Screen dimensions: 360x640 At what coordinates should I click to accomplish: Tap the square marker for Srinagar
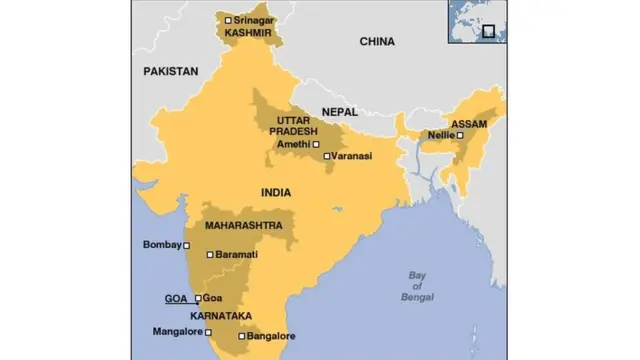[229, 20]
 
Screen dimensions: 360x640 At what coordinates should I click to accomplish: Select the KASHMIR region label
[249, 33]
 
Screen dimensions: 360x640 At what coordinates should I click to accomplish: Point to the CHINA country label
[377, 42]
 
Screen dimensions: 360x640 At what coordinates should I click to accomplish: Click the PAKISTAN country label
[171, 71]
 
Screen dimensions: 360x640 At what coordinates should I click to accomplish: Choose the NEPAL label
[340, 112]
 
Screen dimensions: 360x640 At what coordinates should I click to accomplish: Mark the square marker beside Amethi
[317, 144]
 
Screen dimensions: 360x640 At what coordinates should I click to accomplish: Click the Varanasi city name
[352, 157]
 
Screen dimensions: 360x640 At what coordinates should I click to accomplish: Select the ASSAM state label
[469, 124]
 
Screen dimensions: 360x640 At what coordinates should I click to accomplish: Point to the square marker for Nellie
[460, 135]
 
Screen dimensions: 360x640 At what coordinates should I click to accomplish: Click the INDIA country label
[277, 191]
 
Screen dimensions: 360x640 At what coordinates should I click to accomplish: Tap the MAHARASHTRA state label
[243, 226]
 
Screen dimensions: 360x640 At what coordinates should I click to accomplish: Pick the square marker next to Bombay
[186, 245]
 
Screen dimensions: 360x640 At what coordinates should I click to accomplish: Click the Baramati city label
[236, 255]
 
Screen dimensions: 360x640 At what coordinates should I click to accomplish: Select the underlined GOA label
[177, 298]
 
